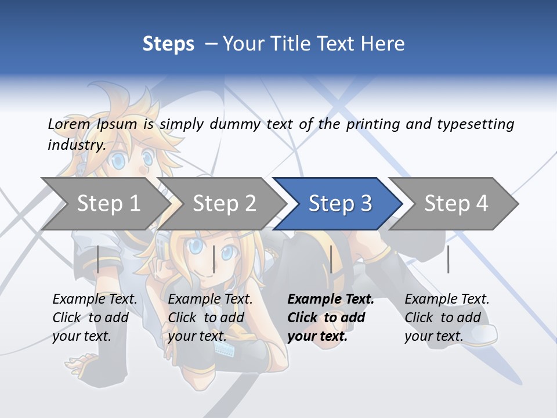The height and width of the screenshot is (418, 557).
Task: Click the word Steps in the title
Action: click(x=168, y=44)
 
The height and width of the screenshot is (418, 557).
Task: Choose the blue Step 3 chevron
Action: click(x=340, y=204)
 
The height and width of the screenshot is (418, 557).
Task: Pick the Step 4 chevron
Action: click(x=456, y=204)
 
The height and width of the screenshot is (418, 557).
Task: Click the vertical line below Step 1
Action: click(x=98, y=259)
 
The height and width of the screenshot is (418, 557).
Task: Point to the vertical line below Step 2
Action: click(x=214, y=259)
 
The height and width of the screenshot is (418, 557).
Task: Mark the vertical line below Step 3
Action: click(x=331, y=259)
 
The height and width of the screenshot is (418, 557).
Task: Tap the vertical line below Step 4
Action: click(x=448, y=259)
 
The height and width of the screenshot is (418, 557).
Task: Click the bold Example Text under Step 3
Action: click(x=331, y=300)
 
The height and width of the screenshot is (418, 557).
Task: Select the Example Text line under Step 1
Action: click(x=95, y=300)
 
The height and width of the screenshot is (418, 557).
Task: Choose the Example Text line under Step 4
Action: click(x=447, y=300)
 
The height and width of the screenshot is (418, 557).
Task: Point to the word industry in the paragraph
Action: click(x=77, y=145)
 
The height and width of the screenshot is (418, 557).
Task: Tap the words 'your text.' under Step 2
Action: click(x=197, y=336)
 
